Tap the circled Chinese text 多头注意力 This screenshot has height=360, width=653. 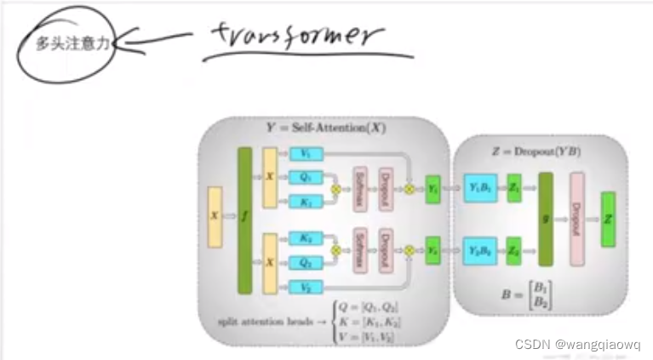click(72, 43)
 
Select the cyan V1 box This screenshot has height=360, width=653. click(305, 154)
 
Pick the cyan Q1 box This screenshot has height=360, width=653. click(305, 178)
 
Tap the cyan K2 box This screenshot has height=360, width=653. click(305, 239)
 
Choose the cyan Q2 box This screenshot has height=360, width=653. click(305, 264)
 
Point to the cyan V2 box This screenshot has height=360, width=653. click(305, 289)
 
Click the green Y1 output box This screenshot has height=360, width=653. click(433, 188)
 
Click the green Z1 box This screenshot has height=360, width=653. click(514, 188)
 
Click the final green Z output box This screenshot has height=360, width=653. click(608, 219)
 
